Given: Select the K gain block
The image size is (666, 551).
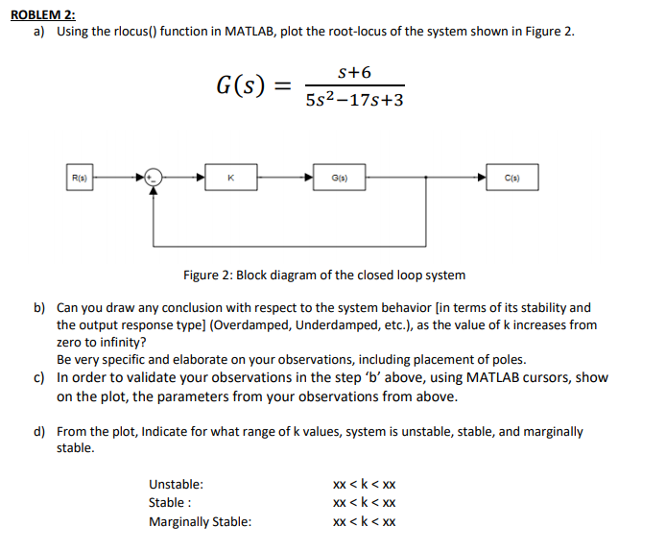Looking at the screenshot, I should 231,178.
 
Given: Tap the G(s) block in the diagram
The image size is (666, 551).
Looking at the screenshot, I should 339,178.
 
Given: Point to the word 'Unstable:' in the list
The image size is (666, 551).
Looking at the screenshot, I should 176,485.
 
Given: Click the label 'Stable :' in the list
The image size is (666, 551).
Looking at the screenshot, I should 170,503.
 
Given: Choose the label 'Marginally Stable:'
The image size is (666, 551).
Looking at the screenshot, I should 201,522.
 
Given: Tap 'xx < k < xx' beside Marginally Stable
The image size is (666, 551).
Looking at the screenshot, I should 364,522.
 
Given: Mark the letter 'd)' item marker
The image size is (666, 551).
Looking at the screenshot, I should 41,432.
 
